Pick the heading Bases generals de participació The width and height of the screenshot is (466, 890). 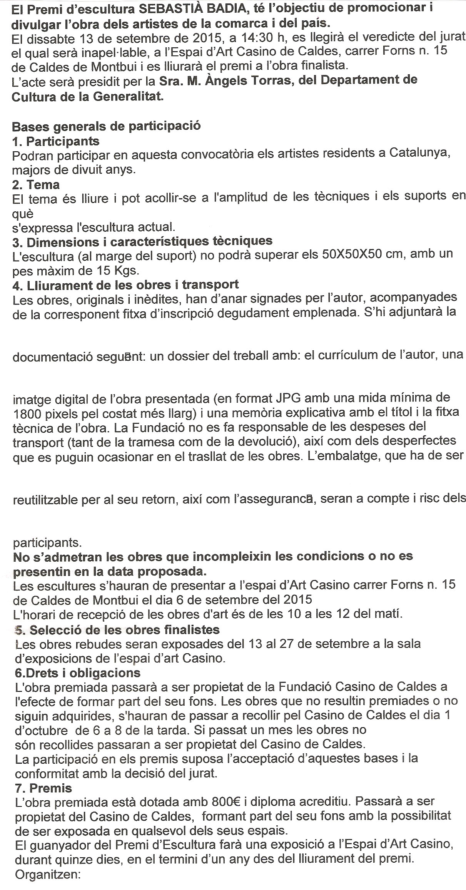[x=106, y=126]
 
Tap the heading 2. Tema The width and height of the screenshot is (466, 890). [x=36, y=185]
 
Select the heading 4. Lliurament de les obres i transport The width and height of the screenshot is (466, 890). [x=125, y=284]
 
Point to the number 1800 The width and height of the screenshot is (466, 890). [x=27, y=412]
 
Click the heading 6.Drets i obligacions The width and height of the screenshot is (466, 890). [x=77, y=673]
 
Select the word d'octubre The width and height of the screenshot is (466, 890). [x=40, y=729]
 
